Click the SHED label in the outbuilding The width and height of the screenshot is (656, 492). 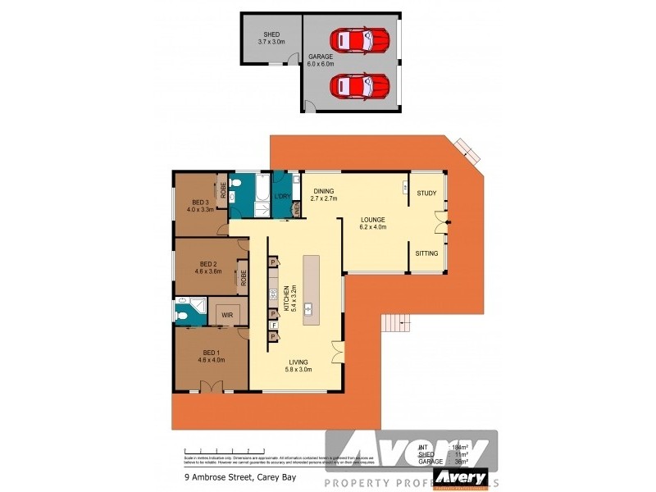[x=270, y=38]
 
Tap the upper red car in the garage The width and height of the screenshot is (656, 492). [x=358, y=39]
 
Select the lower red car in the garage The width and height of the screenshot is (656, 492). [x=358, y=84]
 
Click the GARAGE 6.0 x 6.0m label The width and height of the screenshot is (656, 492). [x=319, y=60]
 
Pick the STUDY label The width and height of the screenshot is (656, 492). [x=426, y=194]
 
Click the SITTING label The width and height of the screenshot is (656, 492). [x=426, y=253]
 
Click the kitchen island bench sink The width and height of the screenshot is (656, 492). [x=309, y=309]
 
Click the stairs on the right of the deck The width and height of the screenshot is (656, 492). [x=395, y=324]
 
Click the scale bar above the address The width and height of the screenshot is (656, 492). [x=221, y=450]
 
